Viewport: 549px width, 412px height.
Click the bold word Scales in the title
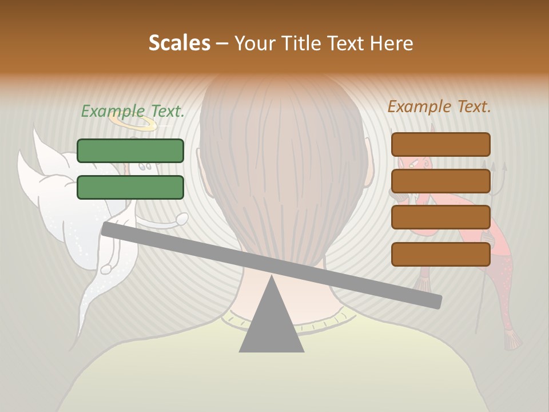[x=179, y=43]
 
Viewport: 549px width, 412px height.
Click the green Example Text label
[x=132, y=111]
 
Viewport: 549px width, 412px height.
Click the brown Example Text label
[x=439, y=106]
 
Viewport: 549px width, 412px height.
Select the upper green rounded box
[x=130, y=150]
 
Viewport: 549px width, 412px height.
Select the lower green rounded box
[x=130, y=187]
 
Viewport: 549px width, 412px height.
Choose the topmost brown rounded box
[x=440, y=144]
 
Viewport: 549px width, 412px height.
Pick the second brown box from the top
[x=440, y=181]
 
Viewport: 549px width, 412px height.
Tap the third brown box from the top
[x=440, y=217]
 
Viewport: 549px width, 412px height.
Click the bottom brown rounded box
[x=440, y=254]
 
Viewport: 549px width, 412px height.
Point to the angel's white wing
[x=51, y=189]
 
